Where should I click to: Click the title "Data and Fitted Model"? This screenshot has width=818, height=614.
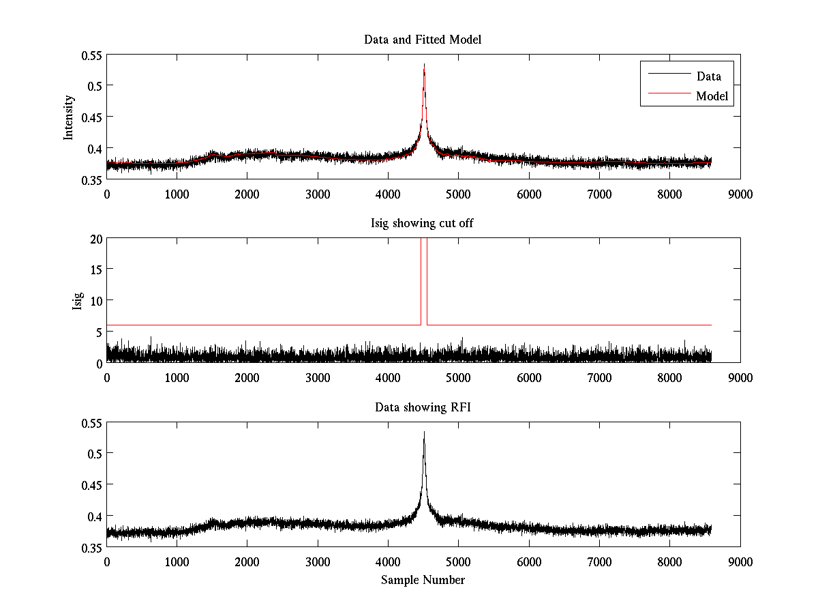tap(423, 40)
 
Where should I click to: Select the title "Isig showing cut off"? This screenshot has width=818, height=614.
tap(423, 224)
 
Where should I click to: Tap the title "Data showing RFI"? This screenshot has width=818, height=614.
tap(423, 408)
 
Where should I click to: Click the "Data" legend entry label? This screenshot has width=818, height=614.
tap(708, 76)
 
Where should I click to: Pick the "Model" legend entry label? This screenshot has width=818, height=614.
tap(712, 97)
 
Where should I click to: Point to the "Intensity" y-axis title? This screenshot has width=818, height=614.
tap(69, 117)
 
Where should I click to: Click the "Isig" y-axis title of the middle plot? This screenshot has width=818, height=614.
tap(77, 301)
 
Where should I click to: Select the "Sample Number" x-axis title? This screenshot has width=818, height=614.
tap(423, 581)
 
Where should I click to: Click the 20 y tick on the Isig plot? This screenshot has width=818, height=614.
tap(95, 239)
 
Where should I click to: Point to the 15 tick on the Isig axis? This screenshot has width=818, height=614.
tap(95, 269)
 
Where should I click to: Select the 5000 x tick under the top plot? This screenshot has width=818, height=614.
tap(458, 194)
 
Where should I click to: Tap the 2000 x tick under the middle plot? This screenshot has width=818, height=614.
tap(247, 378)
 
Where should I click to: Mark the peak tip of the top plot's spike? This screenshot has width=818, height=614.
tap(424, 64)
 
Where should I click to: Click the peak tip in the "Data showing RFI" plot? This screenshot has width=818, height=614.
tap(424, 432)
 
